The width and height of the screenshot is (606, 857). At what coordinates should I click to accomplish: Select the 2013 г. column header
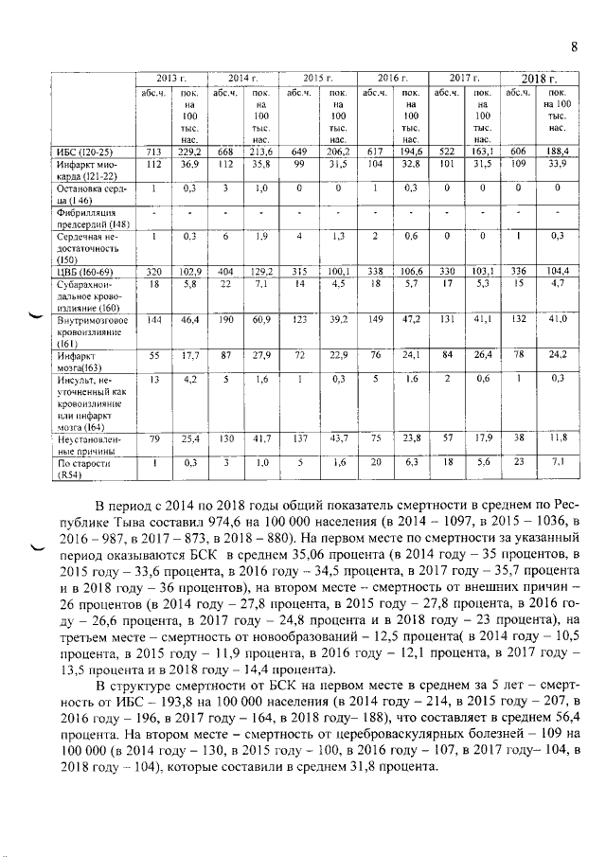(x=170, y=77)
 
